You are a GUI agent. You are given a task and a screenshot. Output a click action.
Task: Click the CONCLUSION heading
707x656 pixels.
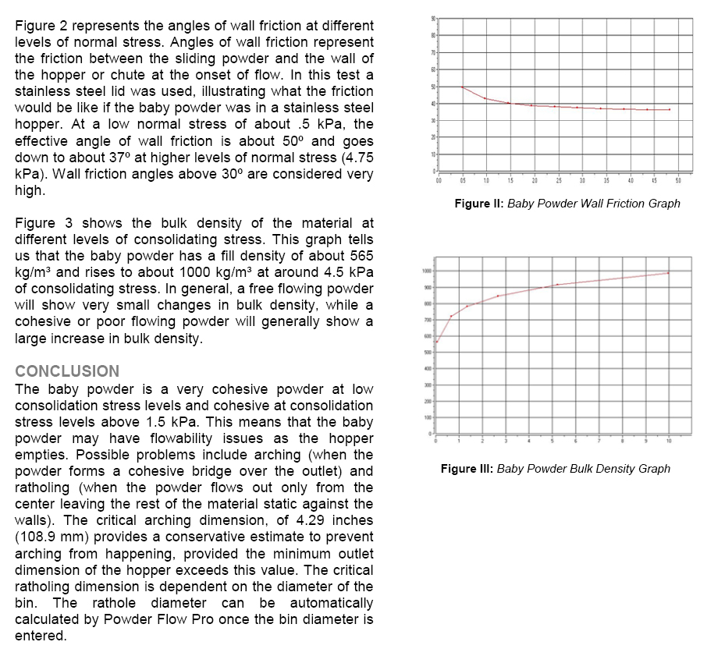click(67, 371)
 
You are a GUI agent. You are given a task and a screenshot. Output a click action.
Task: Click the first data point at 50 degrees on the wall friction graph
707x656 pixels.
click(462, 87)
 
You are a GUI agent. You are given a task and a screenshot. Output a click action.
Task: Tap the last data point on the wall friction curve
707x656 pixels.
click(669, 110)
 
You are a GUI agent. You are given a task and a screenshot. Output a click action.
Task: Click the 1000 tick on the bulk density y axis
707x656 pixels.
click(426, 271)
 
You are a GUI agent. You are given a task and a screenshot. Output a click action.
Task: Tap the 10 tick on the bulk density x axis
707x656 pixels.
click(669, 441)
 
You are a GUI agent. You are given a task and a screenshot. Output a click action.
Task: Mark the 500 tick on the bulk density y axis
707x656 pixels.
click(427, 353)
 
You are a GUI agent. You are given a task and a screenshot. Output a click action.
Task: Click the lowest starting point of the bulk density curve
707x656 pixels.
click(437, 342)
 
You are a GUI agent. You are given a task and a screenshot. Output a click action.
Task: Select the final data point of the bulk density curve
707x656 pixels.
click(669, 272)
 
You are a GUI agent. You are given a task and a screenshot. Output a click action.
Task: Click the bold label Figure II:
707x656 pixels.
click(479, 204)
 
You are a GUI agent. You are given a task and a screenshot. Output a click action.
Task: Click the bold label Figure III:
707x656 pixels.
click(467, 469)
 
